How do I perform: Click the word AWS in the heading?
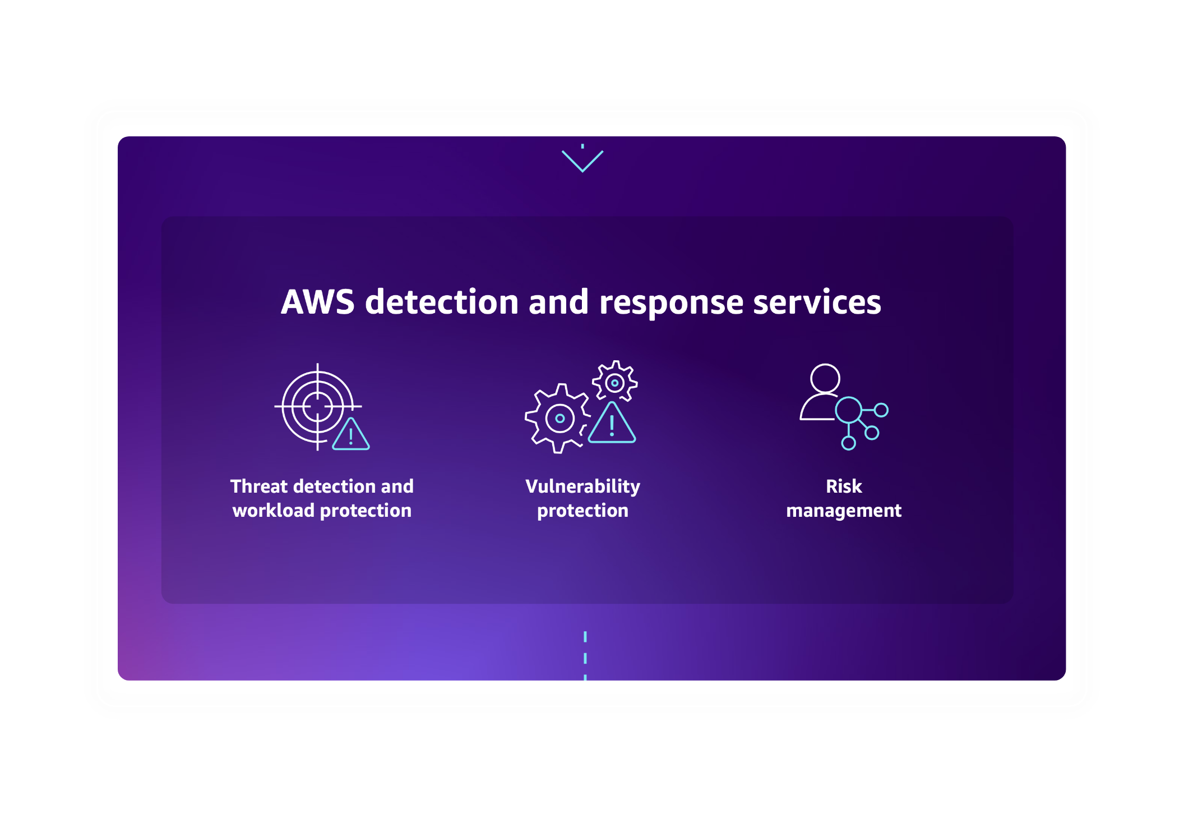(317, 302)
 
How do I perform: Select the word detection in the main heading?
(442, 302)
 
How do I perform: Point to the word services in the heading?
(817, 302)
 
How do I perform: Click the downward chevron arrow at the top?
(582, 161)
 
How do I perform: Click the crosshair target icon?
(317, 406)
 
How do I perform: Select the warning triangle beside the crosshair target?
(351, 435)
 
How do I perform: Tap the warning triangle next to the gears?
(612, 425)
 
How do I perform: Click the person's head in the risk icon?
(825, 378)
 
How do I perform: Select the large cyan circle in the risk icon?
(848, 410)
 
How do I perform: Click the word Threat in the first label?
(259, 486)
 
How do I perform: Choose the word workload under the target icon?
(274, 511)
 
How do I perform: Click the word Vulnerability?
(582, 486)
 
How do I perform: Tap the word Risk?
(844, 486)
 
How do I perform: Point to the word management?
(844, 511)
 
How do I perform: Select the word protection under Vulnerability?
(582, 511)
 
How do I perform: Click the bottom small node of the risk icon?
(849, 443)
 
